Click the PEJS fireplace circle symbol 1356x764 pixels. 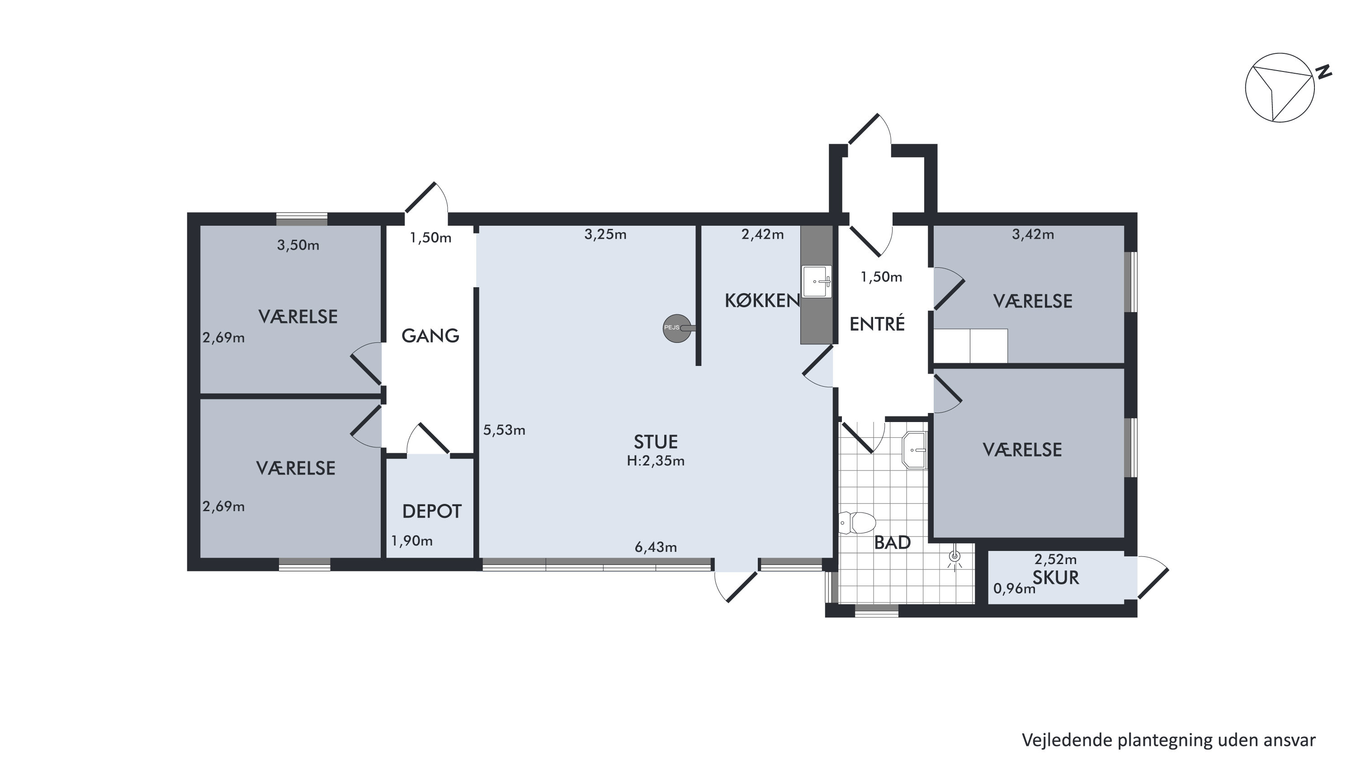pos(676,328)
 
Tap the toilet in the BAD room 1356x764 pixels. pos(857,523)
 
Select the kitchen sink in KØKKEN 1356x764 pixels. pos(817,282)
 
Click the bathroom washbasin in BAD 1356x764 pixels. pos(914,450)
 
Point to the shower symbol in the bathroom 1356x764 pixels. pos(954,559)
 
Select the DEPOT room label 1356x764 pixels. pos(432,511)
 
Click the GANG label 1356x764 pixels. pos(430,335)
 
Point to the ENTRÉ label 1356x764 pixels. pos(877,323)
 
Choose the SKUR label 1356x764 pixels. pos(1055,578)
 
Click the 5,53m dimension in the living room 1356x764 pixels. pos(504,430)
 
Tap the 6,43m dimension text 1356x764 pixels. pos(655,547)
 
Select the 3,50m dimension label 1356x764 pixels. pos(298,245)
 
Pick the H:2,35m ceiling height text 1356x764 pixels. pos(655,461)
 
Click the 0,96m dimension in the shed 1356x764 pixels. pos(1014,588)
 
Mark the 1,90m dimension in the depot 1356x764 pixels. pos(411,541)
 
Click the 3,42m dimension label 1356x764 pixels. pos(1033,234)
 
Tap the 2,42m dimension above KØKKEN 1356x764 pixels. pos(762,234)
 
